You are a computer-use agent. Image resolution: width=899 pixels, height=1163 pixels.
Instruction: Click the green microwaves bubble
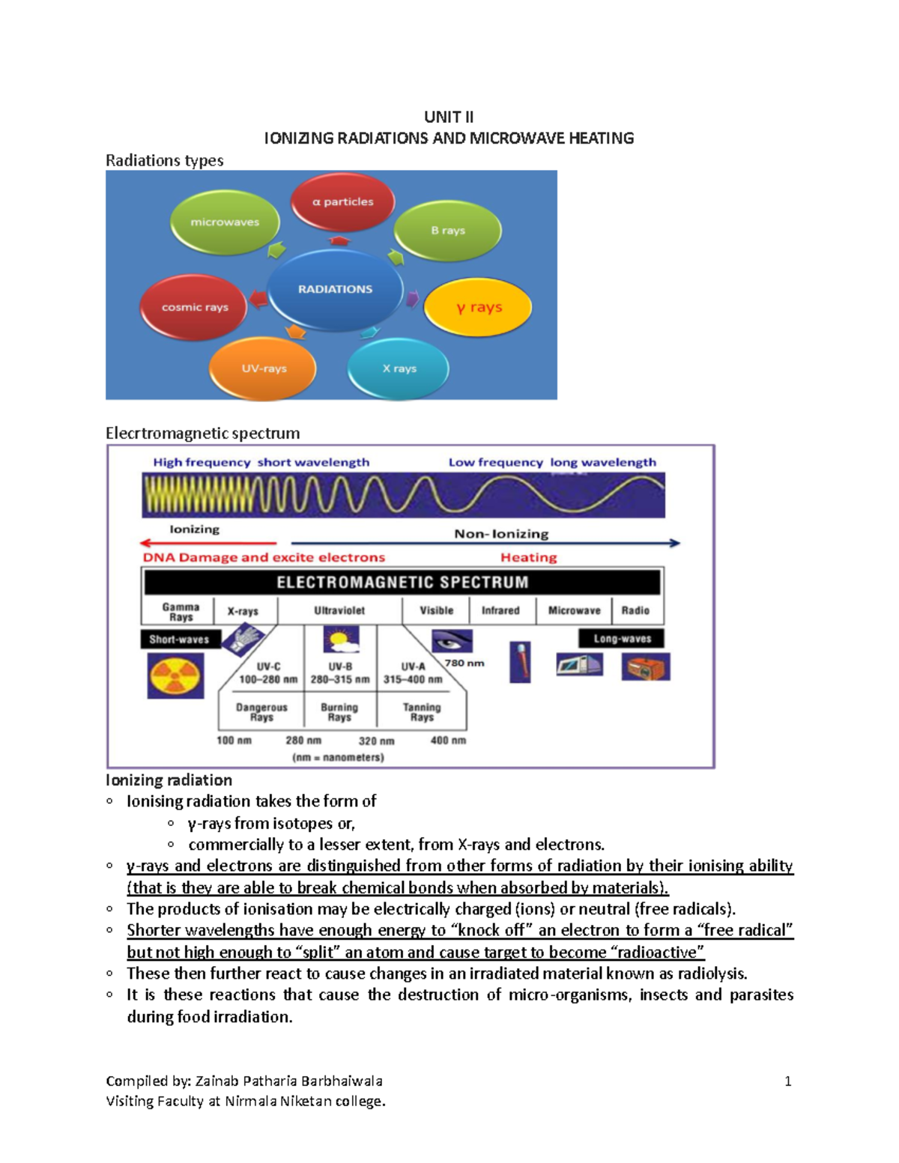(225, 222)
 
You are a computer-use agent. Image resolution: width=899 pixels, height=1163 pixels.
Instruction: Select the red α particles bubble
(342, 201)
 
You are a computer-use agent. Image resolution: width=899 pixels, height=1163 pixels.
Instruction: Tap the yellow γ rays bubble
(479, 307)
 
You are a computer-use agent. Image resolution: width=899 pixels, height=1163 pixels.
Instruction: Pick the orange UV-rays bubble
(263, 368)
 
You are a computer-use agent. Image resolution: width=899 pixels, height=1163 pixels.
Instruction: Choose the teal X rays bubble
(399, 368)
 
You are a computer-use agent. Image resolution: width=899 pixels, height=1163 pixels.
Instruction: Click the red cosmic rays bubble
(194, 307)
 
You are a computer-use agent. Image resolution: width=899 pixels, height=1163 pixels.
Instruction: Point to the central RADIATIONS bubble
(335, 289)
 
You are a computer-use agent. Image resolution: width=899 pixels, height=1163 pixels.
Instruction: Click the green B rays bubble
(447, 231)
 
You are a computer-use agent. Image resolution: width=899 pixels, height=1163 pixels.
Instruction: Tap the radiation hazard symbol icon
(175, 675)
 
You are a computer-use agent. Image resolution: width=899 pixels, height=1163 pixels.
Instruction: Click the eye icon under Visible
(452, 641)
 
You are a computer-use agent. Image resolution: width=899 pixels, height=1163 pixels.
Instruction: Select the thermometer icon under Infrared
(520, 662)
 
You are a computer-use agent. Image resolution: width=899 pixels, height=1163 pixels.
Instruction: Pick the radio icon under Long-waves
(646, 666)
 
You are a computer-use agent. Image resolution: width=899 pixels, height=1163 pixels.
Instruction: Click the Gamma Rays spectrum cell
(181, 612)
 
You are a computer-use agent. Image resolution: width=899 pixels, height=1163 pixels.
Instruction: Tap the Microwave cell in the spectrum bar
(574, 610)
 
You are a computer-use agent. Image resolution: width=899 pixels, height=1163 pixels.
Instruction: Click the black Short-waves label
(179, 640)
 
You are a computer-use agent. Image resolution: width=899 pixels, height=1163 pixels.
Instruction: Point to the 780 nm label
(464, 663)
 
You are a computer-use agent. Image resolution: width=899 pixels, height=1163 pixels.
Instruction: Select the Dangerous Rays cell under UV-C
(261, 712)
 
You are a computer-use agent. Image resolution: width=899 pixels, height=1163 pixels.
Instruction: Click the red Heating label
(528, 557)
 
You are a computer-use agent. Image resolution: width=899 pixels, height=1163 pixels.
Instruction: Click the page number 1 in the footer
(787, 1081)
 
